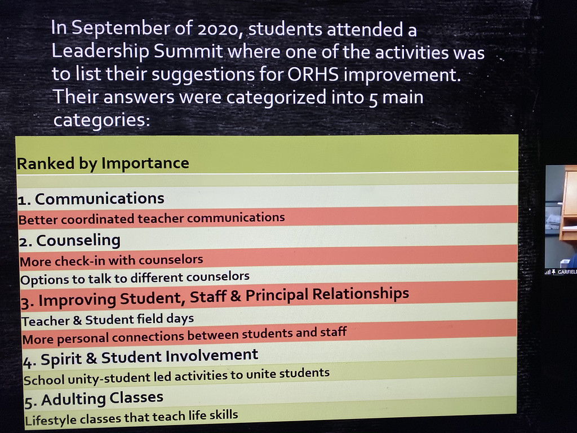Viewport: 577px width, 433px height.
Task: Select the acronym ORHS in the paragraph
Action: click(x=313, y=74)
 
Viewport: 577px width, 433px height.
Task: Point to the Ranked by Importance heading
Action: click(x=103, y=163)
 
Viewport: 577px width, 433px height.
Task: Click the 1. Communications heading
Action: click(x=91, y=199)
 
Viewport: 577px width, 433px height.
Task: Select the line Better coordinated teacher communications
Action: click(x=152, y=218)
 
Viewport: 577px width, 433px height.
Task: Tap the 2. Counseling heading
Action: click(x=69, y=241)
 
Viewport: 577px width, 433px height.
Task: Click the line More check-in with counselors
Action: click(x=111, y=260)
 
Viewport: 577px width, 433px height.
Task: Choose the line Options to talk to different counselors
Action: click(x=135, y=278)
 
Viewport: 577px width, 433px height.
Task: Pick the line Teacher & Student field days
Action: click(x=108, y=320)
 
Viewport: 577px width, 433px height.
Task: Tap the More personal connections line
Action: click(x=184, y=335)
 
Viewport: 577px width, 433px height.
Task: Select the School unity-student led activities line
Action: click(x=176, y=376)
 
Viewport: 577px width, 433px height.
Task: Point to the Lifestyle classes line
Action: click(x=131, y=418)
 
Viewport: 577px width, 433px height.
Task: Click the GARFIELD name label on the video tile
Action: click(x=567, y=272)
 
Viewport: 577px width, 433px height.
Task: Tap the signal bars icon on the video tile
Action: click(x=547, y=272)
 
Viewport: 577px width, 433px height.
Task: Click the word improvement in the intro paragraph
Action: click(x=402, y=75)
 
